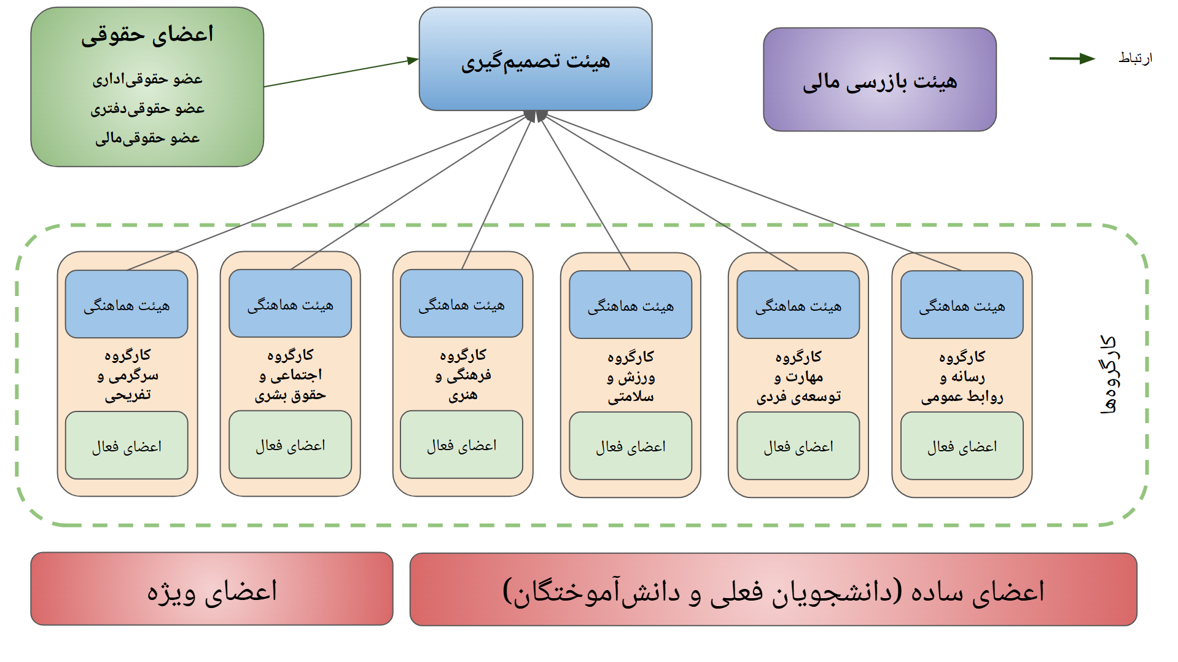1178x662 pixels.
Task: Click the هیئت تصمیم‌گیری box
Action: (x=536, y=59)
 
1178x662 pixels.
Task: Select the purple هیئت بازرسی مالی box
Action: (x=880, y=79)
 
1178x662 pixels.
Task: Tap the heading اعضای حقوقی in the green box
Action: (x=147, y=34)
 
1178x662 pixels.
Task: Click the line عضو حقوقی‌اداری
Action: (x=147, y=79)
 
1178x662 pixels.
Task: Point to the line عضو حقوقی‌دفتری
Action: (x=147, y=109)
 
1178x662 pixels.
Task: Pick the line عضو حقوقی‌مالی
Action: (x=147, y=138)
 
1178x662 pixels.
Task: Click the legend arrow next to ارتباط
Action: (x=1072, y=58)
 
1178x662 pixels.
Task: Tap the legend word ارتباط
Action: (x=1135, y=58)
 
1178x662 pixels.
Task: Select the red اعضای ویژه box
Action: (x=212, y=589)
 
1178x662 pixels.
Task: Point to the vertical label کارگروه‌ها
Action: (x=1109, y=375)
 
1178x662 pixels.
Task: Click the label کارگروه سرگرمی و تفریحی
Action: (x=127, y=375)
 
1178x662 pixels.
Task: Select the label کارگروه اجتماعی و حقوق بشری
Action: (x=291, y=375)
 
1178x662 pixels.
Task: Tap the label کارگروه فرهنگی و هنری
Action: (x=462, y=375)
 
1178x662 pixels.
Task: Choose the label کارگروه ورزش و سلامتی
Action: (x=631, y=376)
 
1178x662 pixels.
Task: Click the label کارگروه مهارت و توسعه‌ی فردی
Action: (x=798, y=376)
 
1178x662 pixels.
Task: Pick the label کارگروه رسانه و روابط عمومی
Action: (x=962, y=376)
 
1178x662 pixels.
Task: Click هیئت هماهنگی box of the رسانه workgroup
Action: (x=962, y=305)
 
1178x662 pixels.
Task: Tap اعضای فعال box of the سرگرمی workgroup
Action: (x=127, y=445)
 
